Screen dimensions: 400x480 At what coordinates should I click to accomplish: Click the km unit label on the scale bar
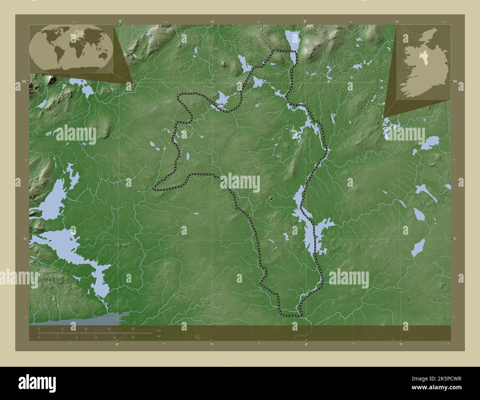(159, 330)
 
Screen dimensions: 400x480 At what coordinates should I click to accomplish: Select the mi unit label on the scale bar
(159, 336)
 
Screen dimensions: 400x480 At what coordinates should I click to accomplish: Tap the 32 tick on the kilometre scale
(133, 328)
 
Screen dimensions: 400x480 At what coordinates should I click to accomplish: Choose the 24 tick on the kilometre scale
(109, 328)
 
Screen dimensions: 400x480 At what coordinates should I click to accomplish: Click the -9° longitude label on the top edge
(120, 22)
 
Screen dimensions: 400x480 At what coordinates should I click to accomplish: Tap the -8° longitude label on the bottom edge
(305, 344)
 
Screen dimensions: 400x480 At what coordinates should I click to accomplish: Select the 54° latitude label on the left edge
(24, 81)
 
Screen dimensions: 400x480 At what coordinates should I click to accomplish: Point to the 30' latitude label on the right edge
(455, 239)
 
